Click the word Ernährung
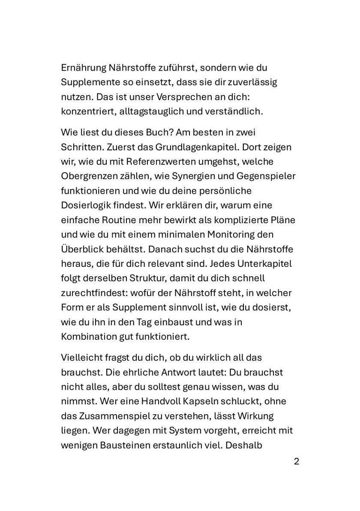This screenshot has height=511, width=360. click(83, 68)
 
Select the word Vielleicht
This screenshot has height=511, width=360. click(83, 356)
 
